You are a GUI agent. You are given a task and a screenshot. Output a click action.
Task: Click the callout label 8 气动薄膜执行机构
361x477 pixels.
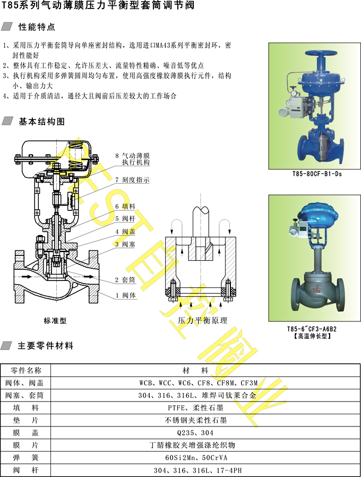[133, 159]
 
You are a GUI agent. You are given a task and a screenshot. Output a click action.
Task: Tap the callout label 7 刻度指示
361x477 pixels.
[133, 180]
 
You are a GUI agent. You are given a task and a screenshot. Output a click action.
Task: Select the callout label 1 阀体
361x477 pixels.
[125, 295]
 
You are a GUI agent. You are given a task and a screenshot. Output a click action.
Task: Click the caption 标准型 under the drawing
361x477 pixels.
[55, 321]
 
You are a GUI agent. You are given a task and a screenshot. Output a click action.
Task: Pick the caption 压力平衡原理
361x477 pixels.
[203, 320]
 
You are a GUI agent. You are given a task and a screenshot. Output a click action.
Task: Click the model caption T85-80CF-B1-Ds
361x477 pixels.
[317, 174]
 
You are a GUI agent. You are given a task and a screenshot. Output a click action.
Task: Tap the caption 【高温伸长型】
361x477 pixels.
[312, 336]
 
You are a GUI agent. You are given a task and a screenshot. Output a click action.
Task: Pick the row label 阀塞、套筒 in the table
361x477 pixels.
[24, 396]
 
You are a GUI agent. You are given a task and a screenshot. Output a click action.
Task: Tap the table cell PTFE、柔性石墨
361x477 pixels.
[195, 408]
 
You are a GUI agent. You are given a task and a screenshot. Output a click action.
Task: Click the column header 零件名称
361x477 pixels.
[26, 371]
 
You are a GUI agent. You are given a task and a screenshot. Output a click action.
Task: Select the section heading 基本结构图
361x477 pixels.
[41, 122]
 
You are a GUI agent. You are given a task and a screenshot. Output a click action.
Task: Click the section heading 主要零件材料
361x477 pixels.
[46, 346]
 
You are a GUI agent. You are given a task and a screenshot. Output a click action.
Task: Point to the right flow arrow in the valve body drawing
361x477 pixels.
[89, 277]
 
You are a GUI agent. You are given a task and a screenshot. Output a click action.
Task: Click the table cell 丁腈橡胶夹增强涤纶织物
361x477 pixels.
[193, 445]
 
